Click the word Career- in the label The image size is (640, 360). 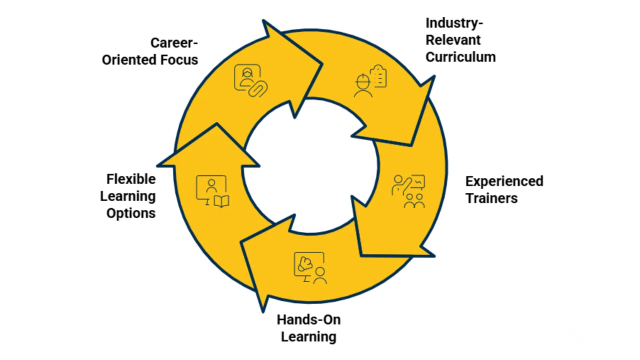click(174, 42)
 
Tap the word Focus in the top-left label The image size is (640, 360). click(179, 59)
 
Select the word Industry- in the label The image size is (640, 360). click(454, 23)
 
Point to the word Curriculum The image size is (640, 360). click(460, 57)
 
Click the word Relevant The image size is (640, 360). click(446, 40)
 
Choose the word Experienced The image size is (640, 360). click(504, 181)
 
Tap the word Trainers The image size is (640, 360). click(491, 198)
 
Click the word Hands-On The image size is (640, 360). click(308, 319)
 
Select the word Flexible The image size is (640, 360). click(131, 179)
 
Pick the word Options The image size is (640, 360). click(131, 213)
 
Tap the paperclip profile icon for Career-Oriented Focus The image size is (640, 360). click(250, 80)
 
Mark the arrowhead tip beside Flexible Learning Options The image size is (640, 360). click(216, 125)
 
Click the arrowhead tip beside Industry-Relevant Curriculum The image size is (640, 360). click(433, 77)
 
